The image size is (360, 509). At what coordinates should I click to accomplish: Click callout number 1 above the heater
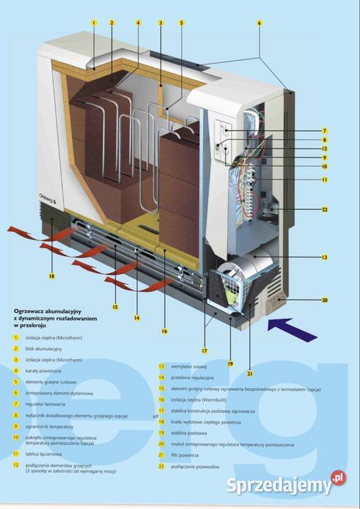pos(93,23)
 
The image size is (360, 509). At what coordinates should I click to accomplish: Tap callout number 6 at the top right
pos(260,23)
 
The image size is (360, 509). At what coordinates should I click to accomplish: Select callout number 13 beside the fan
pos(324,257)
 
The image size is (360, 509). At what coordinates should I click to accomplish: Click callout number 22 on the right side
pos(324,209)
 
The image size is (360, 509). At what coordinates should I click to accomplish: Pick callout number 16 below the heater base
pos(163,330)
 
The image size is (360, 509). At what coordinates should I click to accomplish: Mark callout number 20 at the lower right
pos(324,300)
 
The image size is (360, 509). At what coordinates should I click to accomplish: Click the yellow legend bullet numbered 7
pos(16,404)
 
